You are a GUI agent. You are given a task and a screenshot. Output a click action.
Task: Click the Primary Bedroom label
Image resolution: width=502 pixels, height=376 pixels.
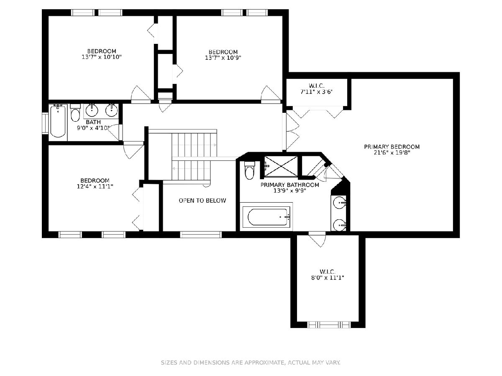[x=392, y=147]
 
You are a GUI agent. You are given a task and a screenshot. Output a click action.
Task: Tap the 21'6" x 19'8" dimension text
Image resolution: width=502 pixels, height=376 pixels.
[x=392, y=153]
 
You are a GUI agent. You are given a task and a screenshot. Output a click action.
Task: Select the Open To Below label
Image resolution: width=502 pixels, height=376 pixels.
[x=202, y=201]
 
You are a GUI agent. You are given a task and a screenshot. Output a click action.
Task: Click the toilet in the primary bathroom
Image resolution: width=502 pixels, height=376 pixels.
[x=249, y=170]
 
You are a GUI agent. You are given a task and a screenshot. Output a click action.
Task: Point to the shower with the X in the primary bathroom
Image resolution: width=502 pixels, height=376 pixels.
[x=281, y=167]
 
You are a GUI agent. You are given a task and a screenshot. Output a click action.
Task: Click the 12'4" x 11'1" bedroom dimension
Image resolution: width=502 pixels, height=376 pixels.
[x=95, y=186]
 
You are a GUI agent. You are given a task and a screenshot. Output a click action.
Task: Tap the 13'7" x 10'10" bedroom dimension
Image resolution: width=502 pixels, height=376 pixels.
[x=102, y=57]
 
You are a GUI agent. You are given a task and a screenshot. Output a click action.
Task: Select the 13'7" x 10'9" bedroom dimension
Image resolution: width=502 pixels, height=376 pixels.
[x=223, y=58]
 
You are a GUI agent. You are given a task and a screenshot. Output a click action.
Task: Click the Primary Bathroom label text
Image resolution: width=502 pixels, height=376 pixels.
[x=290, y=185]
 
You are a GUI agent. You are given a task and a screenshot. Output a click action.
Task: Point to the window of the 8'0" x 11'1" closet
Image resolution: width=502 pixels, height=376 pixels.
[x=329, y=325]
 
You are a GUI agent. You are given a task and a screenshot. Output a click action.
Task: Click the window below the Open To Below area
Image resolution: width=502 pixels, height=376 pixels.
[x=201, y=234]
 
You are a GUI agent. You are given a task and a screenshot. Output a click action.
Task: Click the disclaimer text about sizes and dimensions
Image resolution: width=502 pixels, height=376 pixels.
[x=251, y=363]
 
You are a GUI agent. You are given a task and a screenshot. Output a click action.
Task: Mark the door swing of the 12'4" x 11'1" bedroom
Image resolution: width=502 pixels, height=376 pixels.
[x=133, y=150]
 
